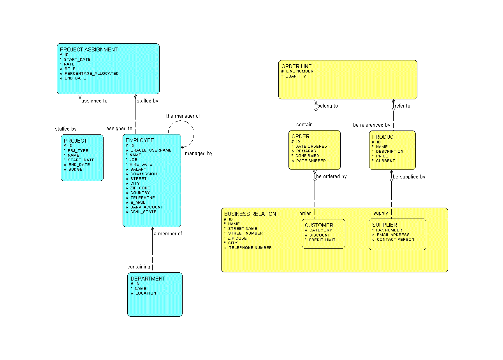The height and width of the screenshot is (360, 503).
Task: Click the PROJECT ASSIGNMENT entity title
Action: [x=88, y=49]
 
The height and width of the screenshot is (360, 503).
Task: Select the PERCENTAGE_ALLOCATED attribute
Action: [x=91, y=73]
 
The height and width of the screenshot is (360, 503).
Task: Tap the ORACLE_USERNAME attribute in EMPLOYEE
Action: [x=151, y=150]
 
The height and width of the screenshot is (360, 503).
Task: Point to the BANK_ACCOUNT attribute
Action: [x=146, y=207]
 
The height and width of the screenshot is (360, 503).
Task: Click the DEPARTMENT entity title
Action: [x=148, y=279]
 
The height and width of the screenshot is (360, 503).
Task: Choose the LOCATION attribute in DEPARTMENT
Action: [x=146, y=293]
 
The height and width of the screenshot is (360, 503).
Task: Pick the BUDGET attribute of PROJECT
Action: [x=77, y=169]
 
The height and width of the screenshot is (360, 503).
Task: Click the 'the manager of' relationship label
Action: [x=183, y=116]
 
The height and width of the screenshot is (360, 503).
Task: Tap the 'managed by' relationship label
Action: [x=199, y=154]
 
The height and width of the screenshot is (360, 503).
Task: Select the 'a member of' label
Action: [x=168, y=234]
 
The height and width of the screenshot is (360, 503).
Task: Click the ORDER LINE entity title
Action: [x=296, y=66]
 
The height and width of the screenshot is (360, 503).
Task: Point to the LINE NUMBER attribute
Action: [x=299, y=71]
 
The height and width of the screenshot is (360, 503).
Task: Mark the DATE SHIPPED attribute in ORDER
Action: [x=311, y=161]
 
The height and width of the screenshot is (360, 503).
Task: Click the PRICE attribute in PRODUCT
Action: [x=382, y=156]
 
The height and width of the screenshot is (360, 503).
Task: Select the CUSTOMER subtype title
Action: [x=319, y=225]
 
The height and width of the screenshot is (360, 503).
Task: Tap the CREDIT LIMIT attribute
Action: [x=322, y=240]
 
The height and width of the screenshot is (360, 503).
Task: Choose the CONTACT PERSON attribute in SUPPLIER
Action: [x=395, y=239]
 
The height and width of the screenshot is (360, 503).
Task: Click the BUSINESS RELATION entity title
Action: [x=250, y=214]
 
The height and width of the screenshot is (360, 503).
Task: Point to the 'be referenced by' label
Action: [x=371, y=125]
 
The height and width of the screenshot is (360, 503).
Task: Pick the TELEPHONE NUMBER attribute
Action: [x=250, y=247]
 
